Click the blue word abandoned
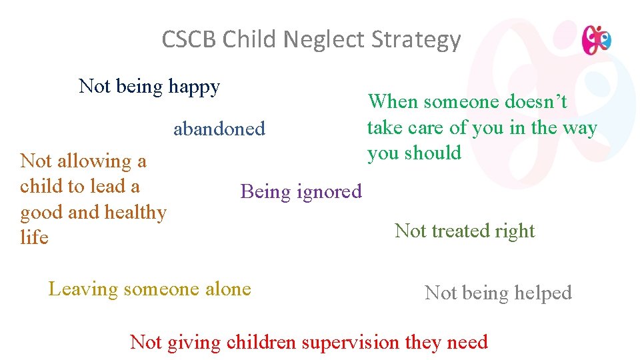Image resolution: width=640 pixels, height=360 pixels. tap(219, 129)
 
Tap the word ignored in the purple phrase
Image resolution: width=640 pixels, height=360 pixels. tap(329, 192)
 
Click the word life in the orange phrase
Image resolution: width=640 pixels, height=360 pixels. tap(34, 237)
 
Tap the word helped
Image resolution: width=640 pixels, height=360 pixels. tap(539, 293)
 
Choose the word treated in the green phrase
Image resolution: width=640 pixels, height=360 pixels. tap(463, 231)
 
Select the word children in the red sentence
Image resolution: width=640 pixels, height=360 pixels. tap(262, 343)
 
